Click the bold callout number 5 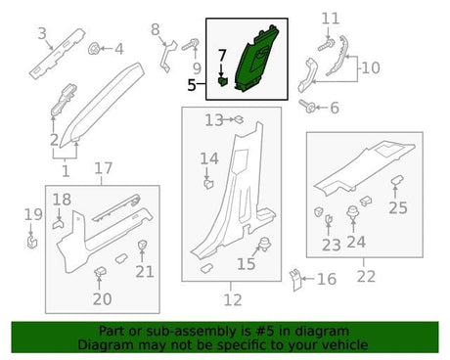pyautogui.click(x=192, y=85)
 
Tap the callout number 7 pyautogui.click(x=222, y=56)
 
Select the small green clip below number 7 pyautogui.click(x=223, y=82)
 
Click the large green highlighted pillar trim pyautogui.click(x=257, y=59)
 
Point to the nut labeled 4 pyautogui.click(x=94, y=49)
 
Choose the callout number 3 pyautogui.click(x=42, y=33)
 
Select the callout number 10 pyautogui.click(x=371, y=67)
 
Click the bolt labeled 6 pyautogui.click(x=307, y=106)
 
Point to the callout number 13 pyautogui.click(x=214, y=120)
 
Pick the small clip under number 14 pyautogui.click(x=208, y=184)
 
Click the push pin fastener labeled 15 pyautogui.click(x=265, y=244)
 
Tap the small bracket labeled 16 pyautogui.click(x=295, y=280)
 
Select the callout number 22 pyautogui.click(x=366, y=277)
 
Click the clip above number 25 pyautogui.click(x=397, y=180)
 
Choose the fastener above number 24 pyautogui.click(x=353, y=212)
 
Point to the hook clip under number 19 pyautogui.click(x=32, y=243)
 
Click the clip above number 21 pyautogui.click(x=142, y=245)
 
